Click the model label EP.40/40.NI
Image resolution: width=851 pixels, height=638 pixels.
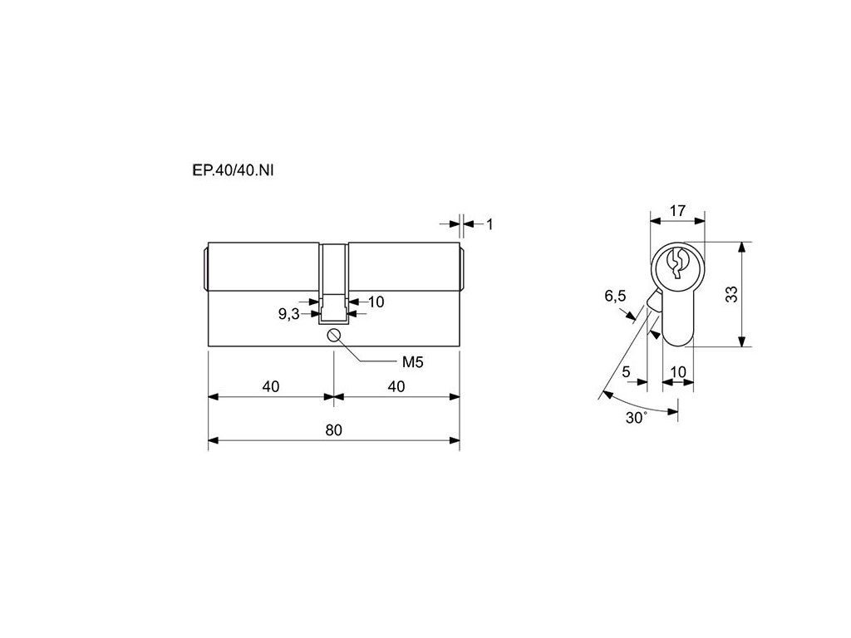233,170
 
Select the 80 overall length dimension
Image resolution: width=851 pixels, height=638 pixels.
334,429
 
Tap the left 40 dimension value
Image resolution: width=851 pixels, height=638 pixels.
271,386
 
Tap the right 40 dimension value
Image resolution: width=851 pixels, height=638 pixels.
396,386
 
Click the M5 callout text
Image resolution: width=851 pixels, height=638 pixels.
412,362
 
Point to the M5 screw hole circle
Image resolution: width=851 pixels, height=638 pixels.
334,336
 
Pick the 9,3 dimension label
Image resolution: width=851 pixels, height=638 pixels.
288,313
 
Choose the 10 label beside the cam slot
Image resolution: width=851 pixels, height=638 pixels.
376,302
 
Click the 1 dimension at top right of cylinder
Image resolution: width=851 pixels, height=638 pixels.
489,224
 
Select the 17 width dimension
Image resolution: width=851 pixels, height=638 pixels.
677,210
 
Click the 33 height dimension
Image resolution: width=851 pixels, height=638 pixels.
731,294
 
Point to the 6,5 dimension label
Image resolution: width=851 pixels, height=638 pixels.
615,296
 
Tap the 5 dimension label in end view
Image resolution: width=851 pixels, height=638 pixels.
627,371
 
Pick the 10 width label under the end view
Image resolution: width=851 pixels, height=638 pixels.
678,371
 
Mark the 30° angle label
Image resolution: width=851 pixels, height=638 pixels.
636,418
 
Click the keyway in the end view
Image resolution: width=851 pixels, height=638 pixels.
676,263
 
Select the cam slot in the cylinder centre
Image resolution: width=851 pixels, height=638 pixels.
332,283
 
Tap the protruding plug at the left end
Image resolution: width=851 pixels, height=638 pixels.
206,269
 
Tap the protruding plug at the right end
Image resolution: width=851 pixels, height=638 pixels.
462,269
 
